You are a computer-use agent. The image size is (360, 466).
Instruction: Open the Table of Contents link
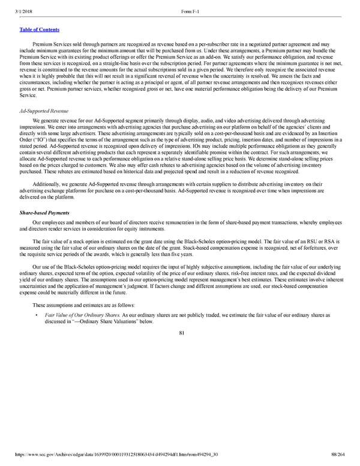click(x=36, y=29)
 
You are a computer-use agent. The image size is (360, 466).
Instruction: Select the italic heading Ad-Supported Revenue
click(x=41, y=110)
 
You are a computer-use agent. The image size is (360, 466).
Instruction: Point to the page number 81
click(x=181, y=334)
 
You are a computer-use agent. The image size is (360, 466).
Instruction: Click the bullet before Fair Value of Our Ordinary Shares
click(x=37, y=315)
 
